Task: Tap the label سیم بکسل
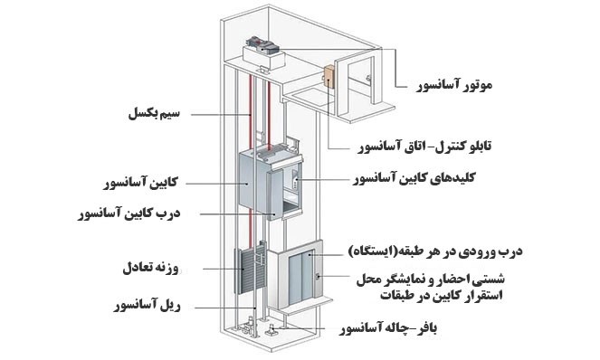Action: pyautogui.click(x=154, y=114)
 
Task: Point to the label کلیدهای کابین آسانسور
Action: pyautogui.click(x=416, y=179)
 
